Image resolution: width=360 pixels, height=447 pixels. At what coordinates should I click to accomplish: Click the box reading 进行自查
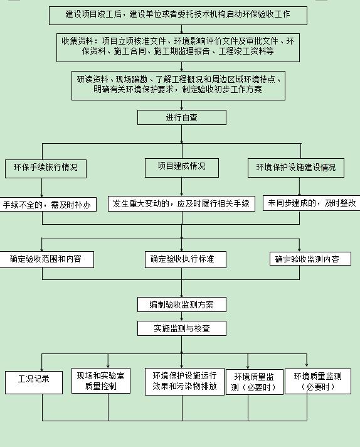tap(182, 117)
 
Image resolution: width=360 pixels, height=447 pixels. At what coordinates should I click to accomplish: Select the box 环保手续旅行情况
tap(46, 169)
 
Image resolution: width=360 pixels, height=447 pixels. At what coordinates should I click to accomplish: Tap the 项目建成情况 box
tap(182, 168)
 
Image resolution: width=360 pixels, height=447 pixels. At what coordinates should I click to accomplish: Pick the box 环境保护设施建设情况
tap(296, 168)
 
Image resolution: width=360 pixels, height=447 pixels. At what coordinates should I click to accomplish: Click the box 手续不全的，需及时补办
tap(47, 204)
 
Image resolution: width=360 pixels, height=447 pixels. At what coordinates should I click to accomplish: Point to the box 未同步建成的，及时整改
tap(311, 203)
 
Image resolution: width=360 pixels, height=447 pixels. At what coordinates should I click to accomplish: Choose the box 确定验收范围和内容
tap(46, 259)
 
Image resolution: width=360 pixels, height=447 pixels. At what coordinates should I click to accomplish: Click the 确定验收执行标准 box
tap(186, 259)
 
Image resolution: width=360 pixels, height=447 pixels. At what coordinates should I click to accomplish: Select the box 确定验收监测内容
tap(310, 259)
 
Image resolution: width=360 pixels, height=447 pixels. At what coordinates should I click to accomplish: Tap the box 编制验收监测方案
tap(182, 304)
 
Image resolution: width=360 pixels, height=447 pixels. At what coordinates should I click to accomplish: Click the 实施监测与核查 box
tap(182, 328)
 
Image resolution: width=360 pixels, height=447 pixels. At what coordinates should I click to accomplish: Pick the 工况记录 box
tap(34, 382)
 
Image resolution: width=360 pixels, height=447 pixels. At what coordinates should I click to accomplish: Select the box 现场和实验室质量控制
tap(101, 381)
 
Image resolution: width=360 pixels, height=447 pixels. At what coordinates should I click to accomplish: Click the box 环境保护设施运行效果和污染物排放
tap(184, 382)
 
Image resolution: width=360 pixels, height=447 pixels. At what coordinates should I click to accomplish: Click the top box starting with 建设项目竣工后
tap(178, 16)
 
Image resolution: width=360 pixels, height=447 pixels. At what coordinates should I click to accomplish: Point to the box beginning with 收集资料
tap(178, 48)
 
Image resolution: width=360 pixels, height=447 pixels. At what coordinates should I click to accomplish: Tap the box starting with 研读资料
tap(178, 85)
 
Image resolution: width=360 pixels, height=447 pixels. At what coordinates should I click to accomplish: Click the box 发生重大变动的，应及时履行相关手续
tap(181, 203)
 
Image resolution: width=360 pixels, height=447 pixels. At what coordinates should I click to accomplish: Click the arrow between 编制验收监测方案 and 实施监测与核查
tap(182, 316)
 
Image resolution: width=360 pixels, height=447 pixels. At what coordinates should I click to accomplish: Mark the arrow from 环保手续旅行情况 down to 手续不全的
tap(42, 188)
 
